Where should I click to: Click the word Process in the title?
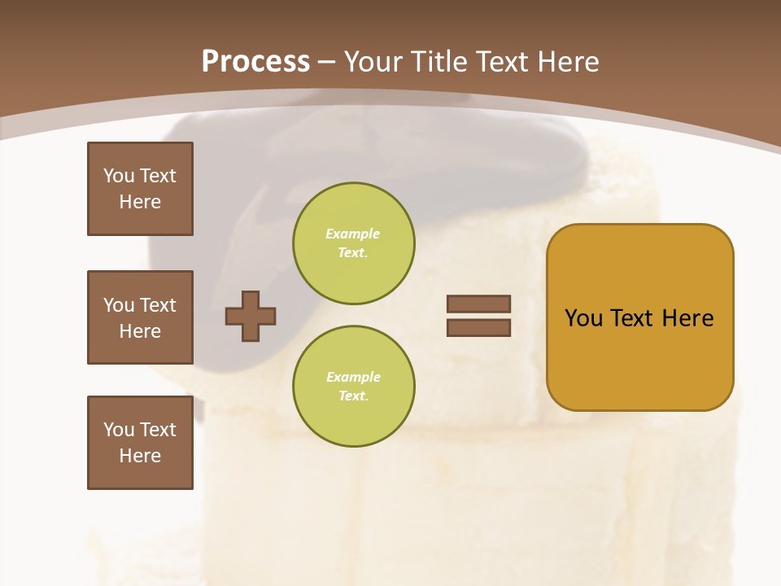coord(255,61)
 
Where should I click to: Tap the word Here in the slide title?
coord(565,61)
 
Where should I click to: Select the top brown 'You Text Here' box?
coord(140,189)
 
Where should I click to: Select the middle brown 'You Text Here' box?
coord(140,317)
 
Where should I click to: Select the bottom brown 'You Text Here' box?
coord(140,442)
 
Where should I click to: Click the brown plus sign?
coord(251,315)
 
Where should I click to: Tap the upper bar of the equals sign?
coord(479,304)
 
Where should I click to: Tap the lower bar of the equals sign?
coord(479,327)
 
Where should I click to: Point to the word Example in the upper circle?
coord(353,234)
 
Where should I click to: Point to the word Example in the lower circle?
coord(353,377)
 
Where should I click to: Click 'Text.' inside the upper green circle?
coord(353,253)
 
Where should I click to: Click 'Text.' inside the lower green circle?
coord(353,396)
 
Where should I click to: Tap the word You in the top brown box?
coord(118,176)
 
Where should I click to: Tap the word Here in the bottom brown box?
coord(140,456)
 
